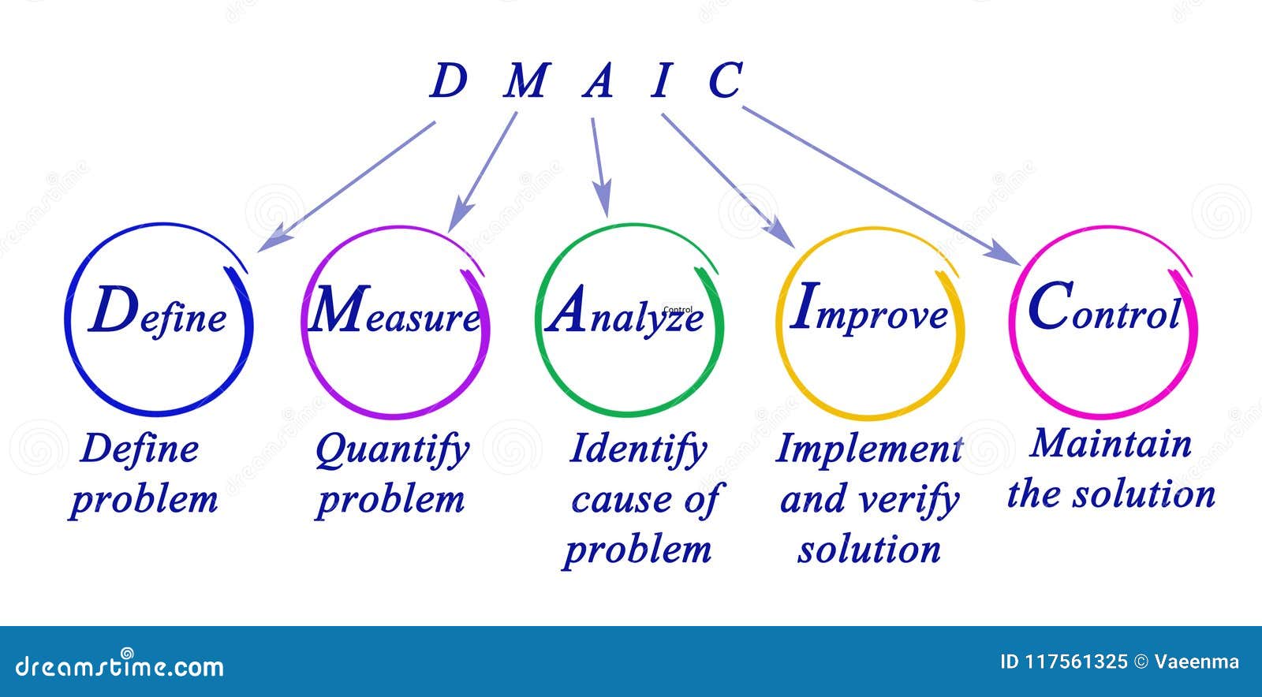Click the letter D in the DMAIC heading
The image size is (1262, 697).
447,82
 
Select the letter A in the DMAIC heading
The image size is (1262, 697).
598,82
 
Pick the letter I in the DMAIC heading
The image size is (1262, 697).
661,82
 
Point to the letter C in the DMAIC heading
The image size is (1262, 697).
724,82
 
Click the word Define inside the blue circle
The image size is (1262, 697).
158,314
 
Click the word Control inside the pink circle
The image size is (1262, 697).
1104,311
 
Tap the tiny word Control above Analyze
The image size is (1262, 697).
678,310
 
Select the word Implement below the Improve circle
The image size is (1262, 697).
868,449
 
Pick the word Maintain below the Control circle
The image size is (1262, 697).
1111,444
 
